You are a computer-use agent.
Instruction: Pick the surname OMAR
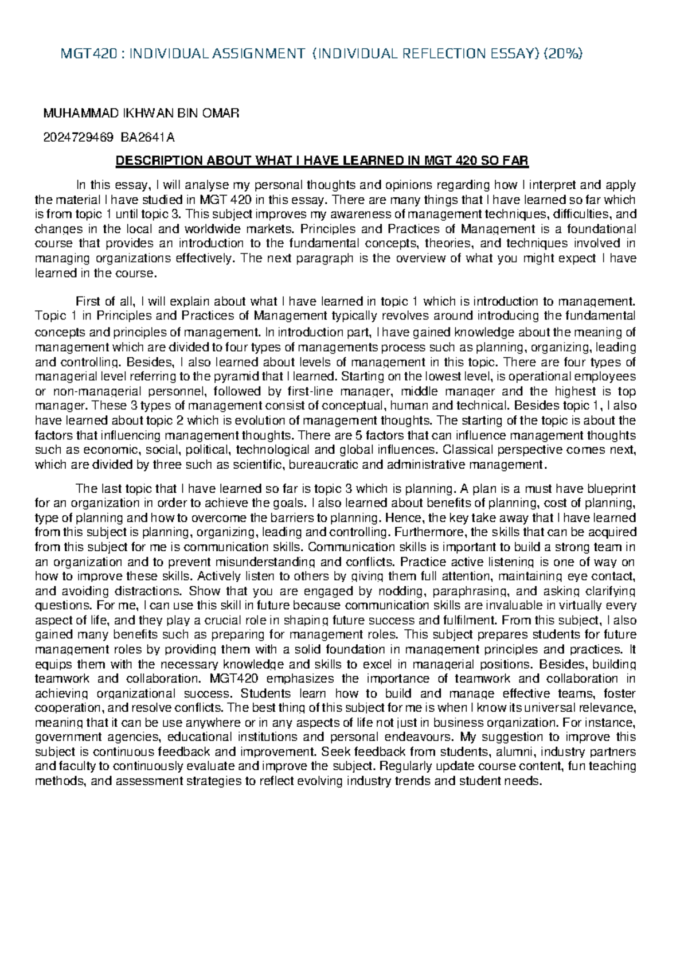pos(220,114)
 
